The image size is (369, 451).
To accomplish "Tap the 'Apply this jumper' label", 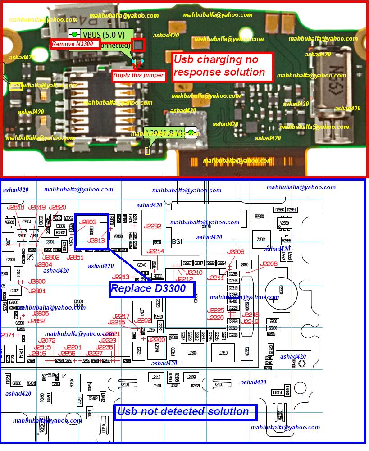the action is pos(138,75).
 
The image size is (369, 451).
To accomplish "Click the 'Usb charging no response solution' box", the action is pos(223,66).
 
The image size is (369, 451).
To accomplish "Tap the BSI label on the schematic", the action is pos(177,242).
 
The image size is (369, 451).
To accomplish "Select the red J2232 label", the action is pos(153,226).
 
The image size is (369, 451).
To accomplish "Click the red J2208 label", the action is pos(269,264).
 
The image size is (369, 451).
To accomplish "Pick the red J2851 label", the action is pos(75,257).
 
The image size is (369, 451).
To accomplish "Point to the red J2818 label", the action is pos(16,207).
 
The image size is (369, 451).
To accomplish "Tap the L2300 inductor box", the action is pos(191,353).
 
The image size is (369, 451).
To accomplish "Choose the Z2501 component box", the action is pos(260,240).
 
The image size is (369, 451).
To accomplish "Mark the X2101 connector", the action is pos(125,384).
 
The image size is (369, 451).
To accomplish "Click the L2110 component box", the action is pos(156,377).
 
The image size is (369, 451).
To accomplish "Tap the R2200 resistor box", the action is pos(260,217).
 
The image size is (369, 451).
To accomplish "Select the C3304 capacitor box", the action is pos(27,222).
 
